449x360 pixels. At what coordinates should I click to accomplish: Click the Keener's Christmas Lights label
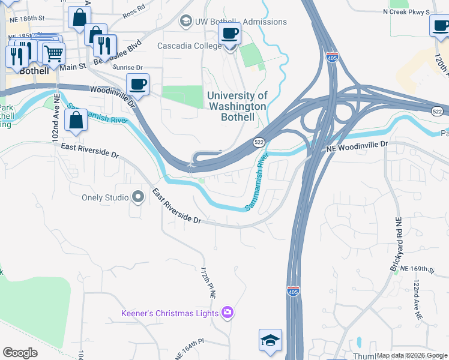pyautogui.click(x=170, y=313)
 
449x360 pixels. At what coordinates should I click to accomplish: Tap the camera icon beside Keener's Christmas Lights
pyautogui.click(x=227, y=312)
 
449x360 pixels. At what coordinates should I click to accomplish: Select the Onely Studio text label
pyautogui.click(x=106, y=197)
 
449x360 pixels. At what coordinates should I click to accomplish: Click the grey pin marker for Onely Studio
pyautogui.click(x=138, y=196)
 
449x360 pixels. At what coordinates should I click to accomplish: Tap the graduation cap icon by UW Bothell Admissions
pyautogui.click(x=185, y=22)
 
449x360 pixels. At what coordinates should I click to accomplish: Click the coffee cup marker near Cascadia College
pyautogui.click(x=229, y=34)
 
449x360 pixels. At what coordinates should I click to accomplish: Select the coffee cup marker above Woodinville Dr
pyautogui.click(x=137, y=85)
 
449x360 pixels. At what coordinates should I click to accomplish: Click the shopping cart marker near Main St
pyautogui.click(x=53, y=53)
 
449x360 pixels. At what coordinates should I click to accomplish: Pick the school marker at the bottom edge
pyautogui.click(x=270, y=340)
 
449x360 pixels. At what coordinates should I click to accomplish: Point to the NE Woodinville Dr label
pyautogui.click(x=357, y=145)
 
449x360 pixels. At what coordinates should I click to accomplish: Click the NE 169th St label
pyautogui.click(x=417, y=268)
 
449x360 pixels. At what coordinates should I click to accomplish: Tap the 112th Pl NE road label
pyautogui.click(x=208, y=283)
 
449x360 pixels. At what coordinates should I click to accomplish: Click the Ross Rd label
pyautogui.click(x=133, y=12)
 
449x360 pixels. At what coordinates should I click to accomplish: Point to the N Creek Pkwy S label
pyautogui.click(x=406, y=11)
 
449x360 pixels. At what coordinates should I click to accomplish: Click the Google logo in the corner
pyautogui.click(x=20, y=353)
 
